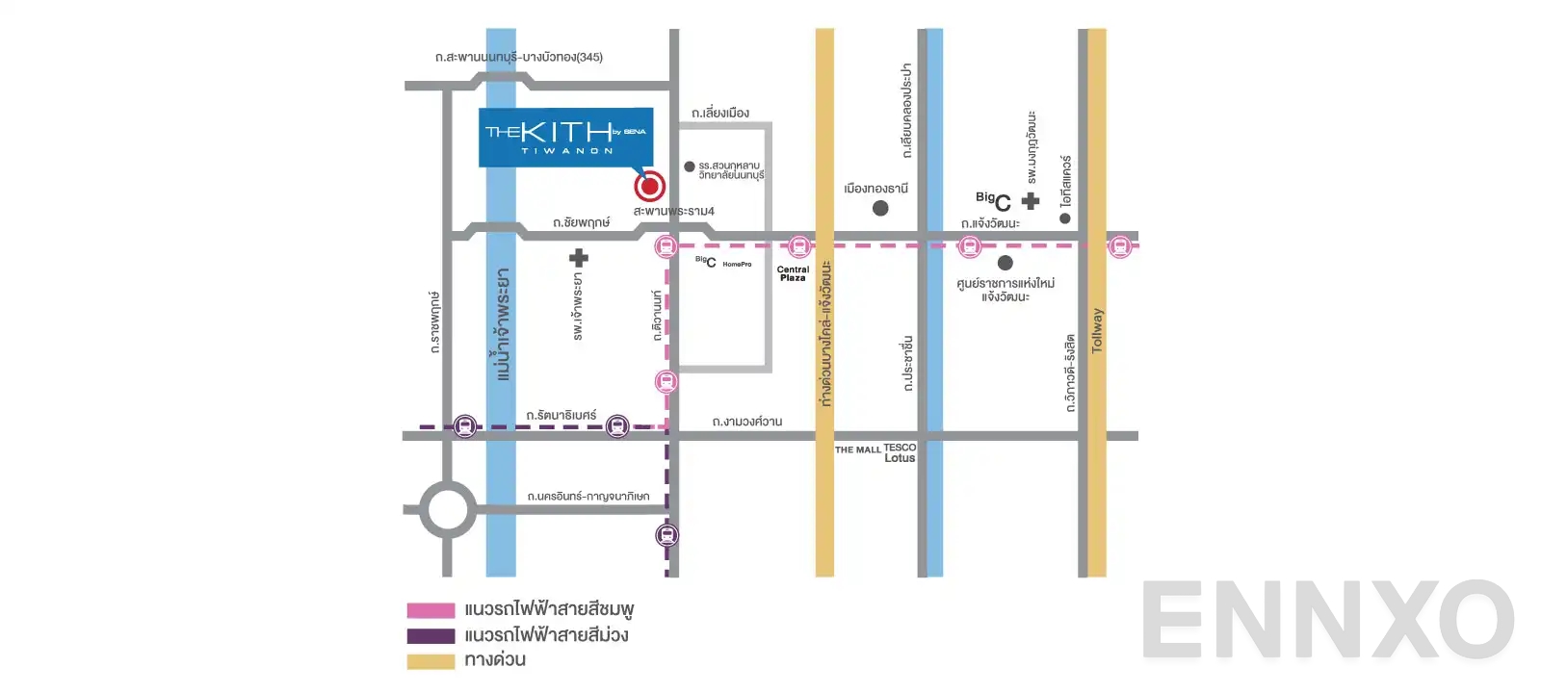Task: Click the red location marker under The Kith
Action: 649,186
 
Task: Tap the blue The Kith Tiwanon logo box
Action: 565,138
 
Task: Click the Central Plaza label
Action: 793,273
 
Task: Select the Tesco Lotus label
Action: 900,452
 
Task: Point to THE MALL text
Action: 857,449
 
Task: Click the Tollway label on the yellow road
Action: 1097,331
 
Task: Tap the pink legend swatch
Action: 431,610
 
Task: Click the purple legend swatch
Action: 431,636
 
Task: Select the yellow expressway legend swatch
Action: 431,661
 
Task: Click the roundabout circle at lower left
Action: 448,509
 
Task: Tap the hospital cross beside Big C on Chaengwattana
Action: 1031,201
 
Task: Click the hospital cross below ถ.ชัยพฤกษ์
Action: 578,257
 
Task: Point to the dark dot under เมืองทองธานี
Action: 880,208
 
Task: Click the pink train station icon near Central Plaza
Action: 798,246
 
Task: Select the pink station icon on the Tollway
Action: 1119,246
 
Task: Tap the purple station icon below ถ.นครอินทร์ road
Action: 666,535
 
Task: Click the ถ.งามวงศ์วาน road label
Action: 746,422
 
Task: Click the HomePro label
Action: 737,264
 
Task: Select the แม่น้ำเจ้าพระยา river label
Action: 502,324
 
